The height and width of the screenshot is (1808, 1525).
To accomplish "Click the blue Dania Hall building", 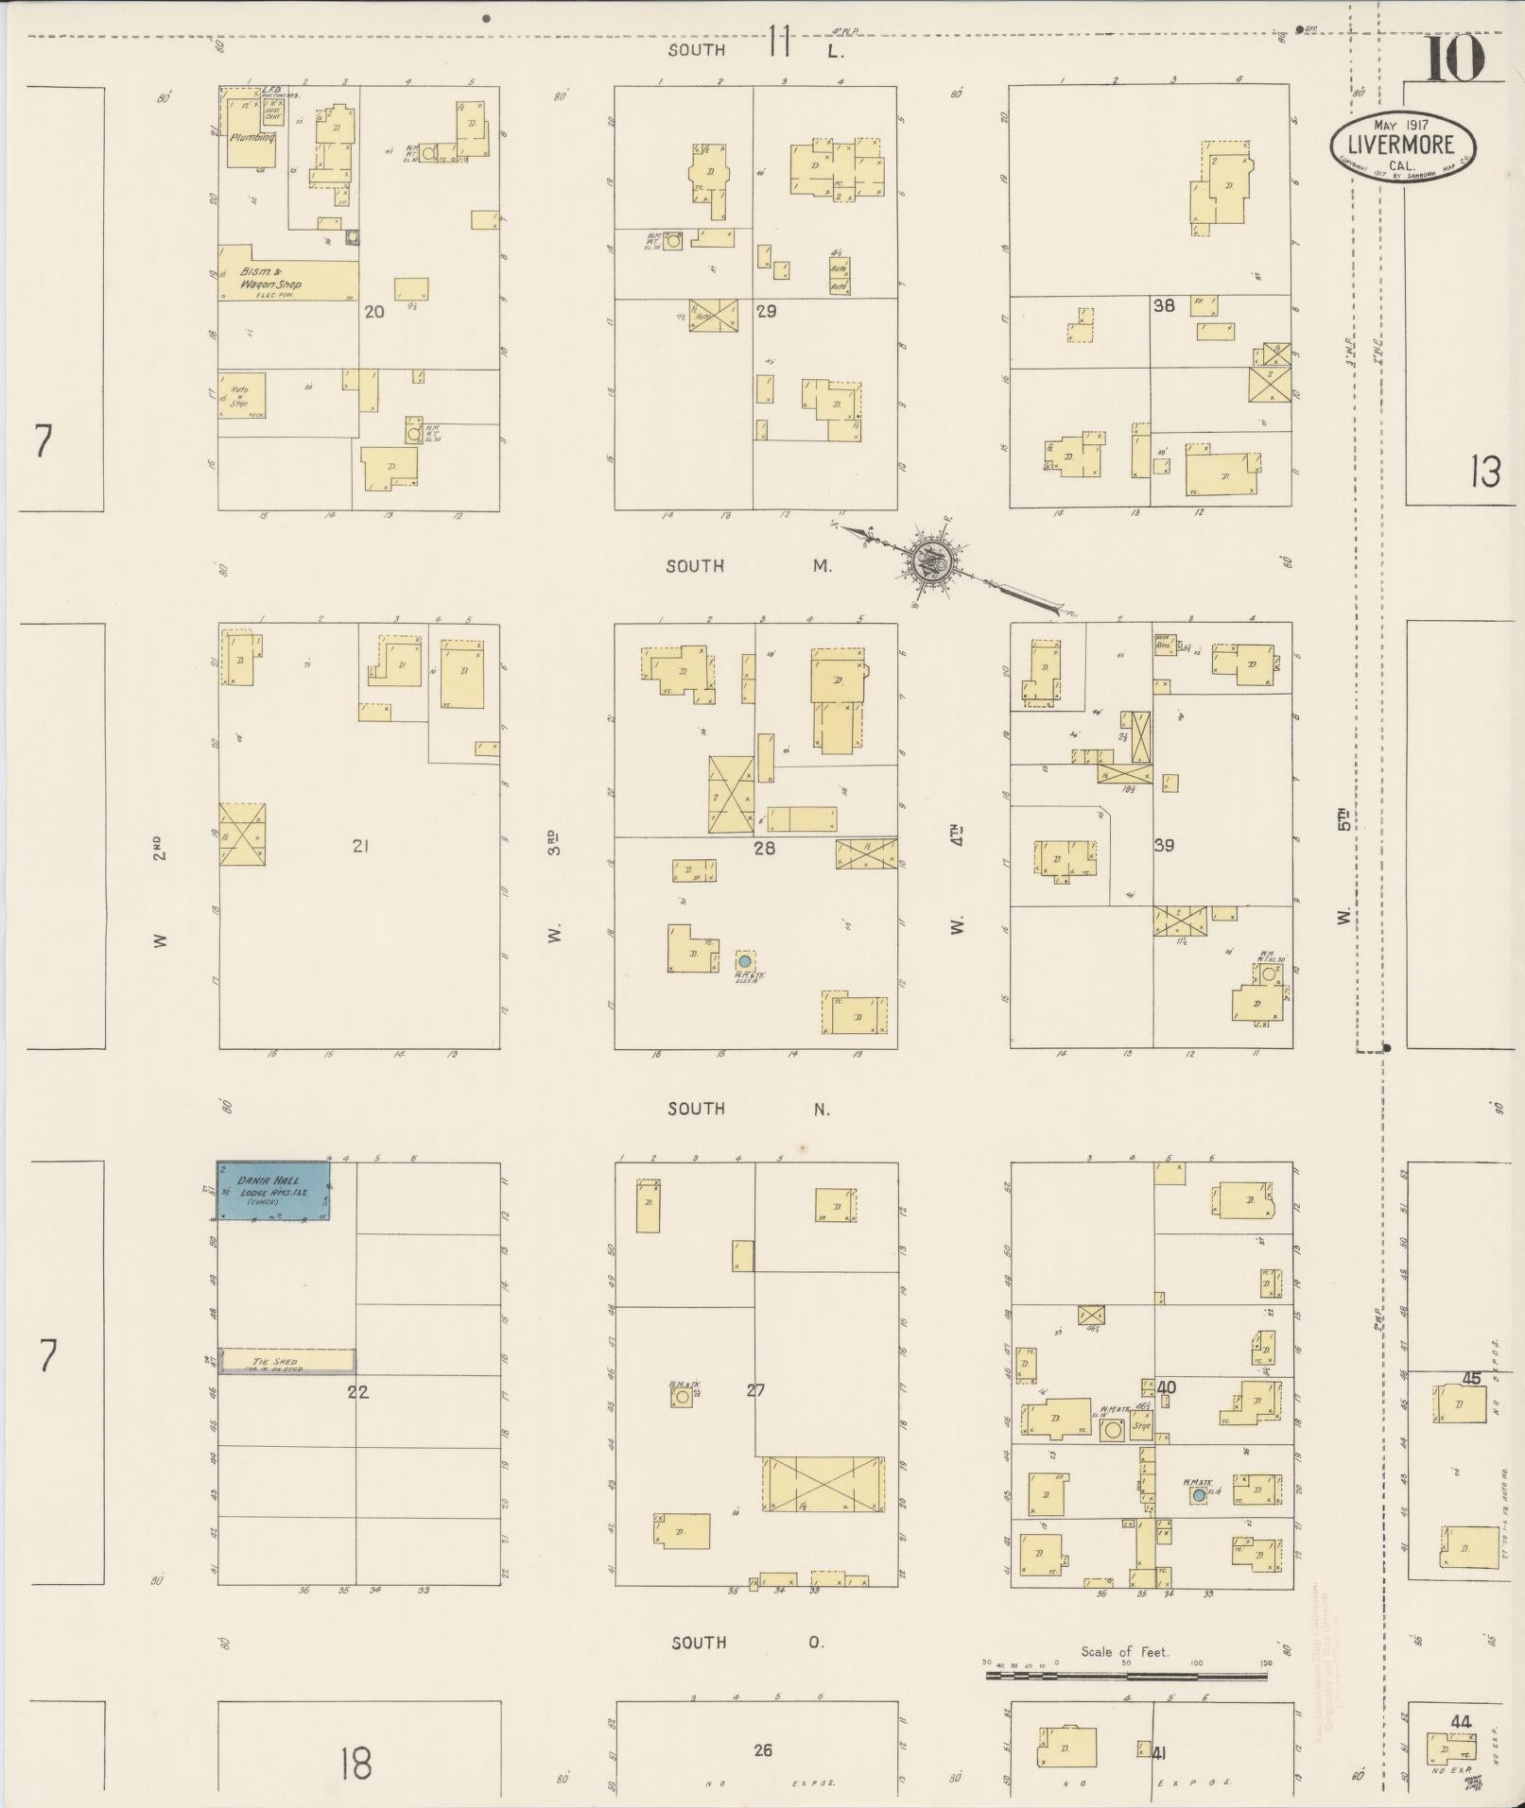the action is tap(273, 1191).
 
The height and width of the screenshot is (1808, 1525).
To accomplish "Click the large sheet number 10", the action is tap(1454, 59).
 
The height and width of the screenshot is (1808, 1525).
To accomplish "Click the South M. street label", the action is tap(748, 566).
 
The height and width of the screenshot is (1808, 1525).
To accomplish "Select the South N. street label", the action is tap(748, 1109).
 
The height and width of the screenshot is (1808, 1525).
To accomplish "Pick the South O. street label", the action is tap(748, 1643).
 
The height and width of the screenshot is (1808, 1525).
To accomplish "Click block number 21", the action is tap(359, 846).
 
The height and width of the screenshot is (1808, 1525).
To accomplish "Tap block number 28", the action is tap(764, 848).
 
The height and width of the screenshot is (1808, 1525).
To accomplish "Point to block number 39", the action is tap(1164, 845).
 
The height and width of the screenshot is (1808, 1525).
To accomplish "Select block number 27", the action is tap(754, 1390).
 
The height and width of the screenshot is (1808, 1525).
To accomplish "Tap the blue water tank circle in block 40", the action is tap(1199, 1496).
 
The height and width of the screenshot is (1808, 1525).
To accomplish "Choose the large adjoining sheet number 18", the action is tap(355, 1764).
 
